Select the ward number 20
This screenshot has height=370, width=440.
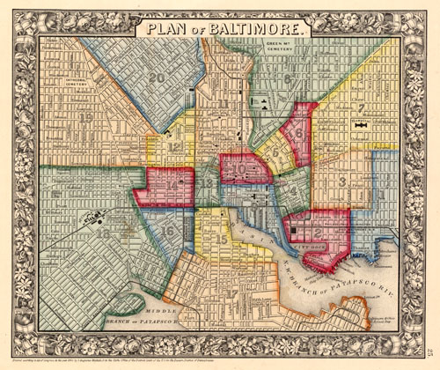click(158, 78)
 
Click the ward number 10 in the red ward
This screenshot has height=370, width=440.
click(238, 166)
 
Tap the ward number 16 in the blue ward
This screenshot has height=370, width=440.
click(167, 231)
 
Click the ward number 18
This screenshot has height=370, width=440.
click(104, 233)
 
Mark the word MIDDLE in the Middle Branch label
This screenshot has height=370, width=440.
click(163, 312)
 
